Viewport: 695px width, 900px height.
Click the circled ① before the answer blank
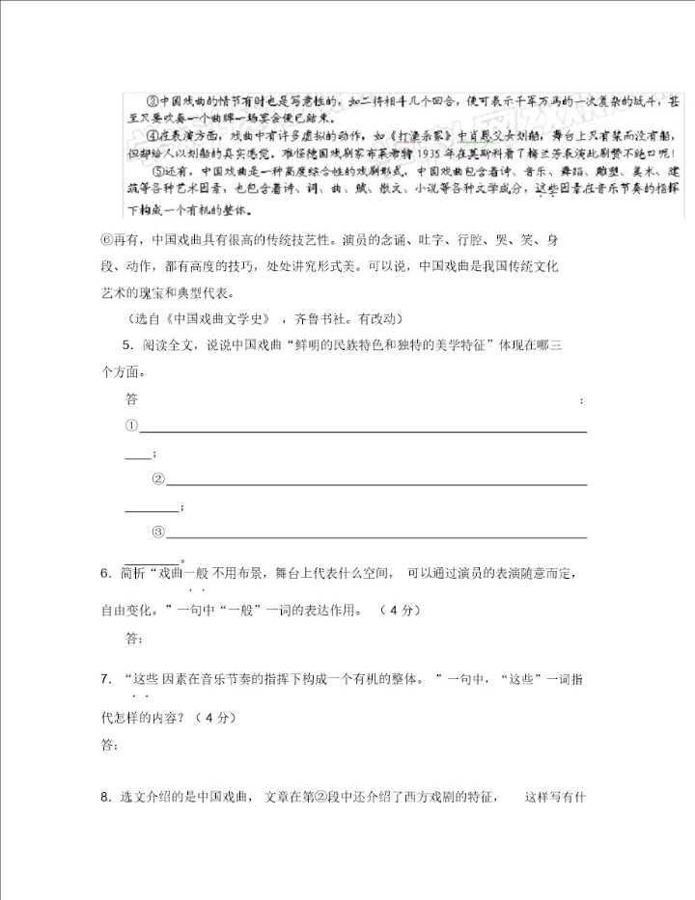132,426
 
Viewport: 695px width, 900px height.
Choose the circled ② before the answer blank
159,479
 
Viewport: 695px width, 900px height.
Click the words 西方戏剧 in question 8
420,797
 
